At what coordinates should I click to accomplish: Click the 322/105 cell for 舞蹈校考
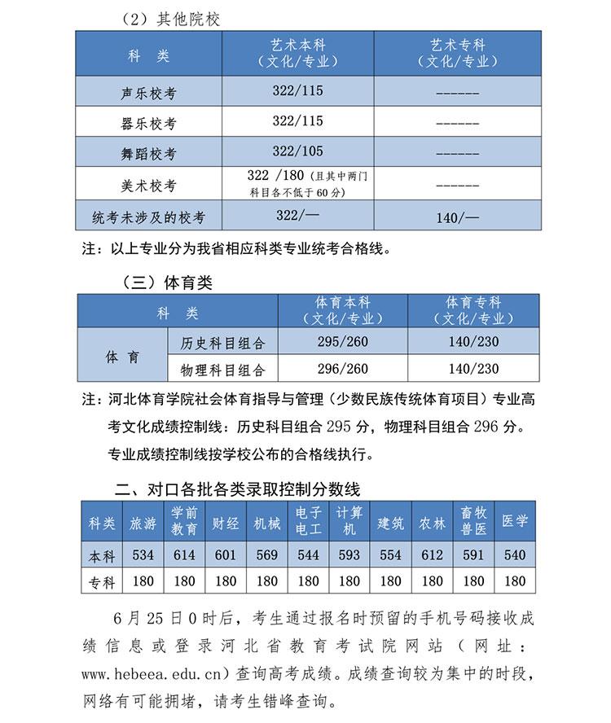(x=297, y=151)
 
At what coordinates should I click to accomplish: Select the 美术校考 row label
(x=147, y=186)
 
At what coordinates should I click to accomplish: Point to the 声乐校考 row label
(x=147, y=93)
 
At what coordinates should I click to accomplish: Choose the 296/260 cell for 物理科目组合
(x=342, y=369)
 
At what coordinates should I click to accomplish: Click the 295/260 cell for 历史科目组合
(x=342, y=342)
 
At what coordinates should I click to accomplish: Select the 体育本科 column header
(x=342, y=310)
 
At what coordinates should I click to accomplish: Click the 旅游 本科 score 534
(x=143, y=555)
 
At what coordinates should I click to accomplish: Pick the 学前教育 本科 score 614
(x=184, y=555)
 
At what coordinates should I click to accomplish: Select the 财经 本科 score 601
(x=226, y=555)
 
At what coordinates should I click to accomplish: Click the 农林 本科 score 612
(x=433, y=555)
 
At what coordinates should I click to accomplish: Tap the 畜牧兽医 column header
(x=473, y=522)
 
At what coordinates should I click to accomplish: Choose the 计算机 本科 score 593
(x=349, y=555)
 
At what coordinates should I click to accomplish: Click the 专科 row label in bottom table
(x=102, y=581)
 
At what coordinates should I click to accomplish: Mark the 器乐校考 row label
(x=147, y=124)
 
